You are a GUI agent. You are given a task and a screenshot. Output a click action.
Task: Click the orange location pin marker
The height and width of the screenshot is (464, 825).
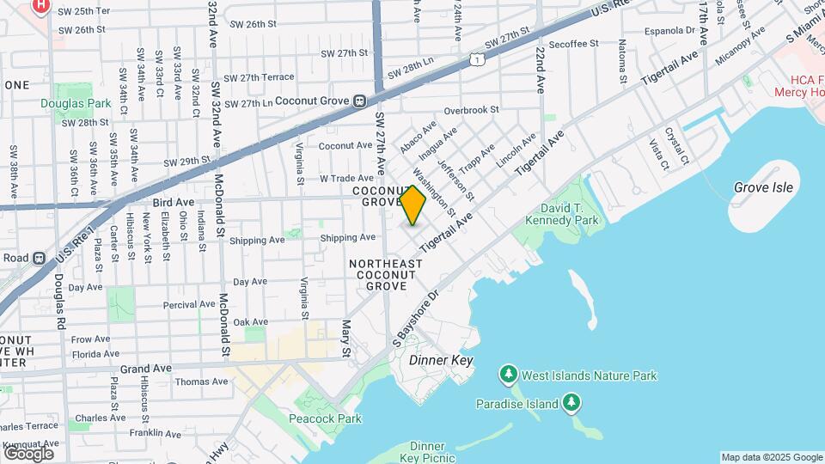point(413,206)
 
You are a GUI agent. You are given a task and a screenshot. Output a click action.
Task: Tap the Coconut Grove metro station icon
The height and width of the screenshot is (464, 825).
point(361,101)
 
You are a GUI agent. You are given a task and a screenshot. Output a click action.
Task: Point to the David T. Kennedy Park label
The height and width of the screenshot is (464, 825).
point(568,215)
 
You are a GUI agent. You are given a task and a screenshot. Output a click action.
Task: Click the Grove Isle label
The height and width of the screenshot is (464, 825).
point(763,187)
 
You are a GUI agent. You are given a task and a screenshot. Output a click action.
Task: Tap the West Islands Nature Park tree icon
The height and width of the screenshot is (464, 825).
point(509,375)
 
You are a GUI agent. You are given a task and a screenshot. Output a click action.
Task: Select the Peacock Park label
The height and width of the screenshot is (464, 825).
point(325,418)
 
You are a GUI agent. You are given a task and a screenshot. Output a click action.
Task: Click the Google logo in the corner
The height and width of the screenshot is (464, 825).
point(27,453)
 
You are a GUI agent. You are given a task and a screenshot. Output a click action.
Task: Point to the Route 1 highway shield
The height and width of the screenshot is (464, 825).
point(475,59)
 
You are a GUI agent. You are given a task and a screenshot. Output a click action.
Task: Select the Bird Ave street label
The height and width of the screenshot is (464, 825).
point(173,202)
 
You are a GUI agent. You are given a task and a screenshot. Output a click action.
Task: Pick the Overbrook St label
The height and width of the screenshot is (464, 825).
point(472,110)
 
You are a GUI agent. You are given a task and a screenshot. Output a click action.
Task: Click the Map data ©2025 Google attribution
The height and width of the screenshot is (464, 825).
point(771,457)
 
